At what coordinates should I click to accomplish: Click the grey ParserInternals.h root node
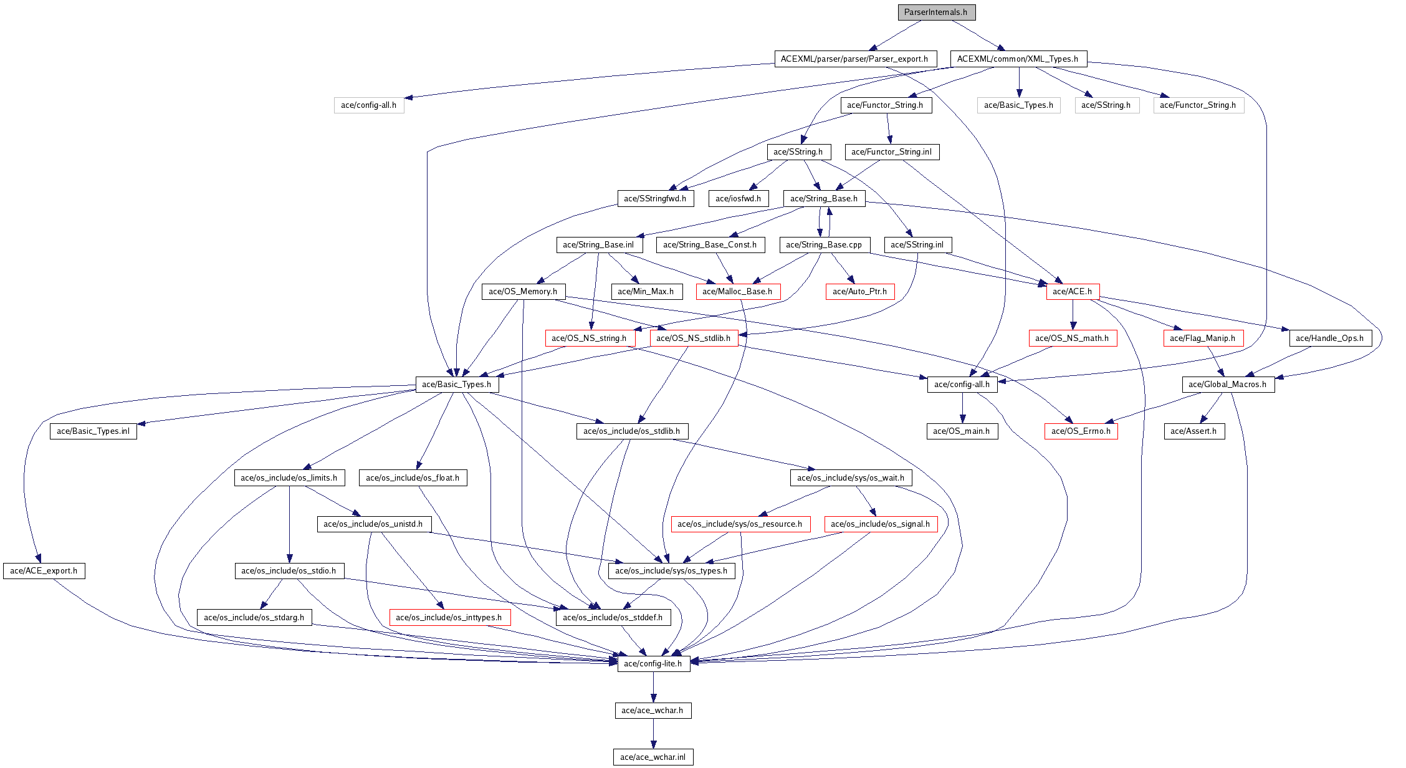[935, 12]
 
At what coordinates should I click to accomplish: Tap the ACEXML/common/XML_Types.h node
[1018, 59]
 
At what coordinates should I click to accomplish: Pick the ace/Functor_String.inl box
[891, 152]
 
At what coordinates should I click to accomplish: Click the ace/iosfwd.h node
[738, 199]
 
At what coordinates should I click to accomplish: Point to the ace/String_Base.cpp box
[823, 245]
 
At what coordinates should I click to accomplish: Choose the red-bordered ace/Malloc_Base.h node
[737, 292]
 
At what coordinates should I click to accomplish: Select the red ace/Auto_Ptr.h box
[859, 292]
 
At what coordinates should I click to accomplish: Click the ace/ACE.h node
[1072, 292]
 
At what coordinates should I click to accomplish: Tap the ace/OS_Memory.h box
[523, 292]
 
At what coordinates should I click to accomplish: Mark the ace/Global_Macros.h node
[1227, 385]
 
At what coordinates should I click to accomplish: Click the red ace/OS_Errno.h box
[1081, 431]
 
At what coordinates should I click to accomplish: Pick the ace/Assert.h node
[1193, 431]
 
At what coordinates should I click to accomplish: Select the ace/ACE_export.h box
[44, 571]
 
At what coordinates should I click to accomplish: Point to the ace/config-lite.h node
[653, 664]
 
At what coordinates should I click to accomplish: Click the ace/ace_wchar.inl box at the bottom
[653, 757]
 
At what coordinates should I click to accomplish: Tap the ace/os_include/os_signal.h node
[880, 524]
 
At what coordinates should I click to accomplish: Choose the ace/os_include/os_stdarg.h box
[254, 618]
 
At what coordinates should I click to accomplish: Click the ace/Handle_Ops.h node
[1329, 338]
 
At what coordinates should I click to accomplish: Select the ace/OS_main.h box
[961, 431]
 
